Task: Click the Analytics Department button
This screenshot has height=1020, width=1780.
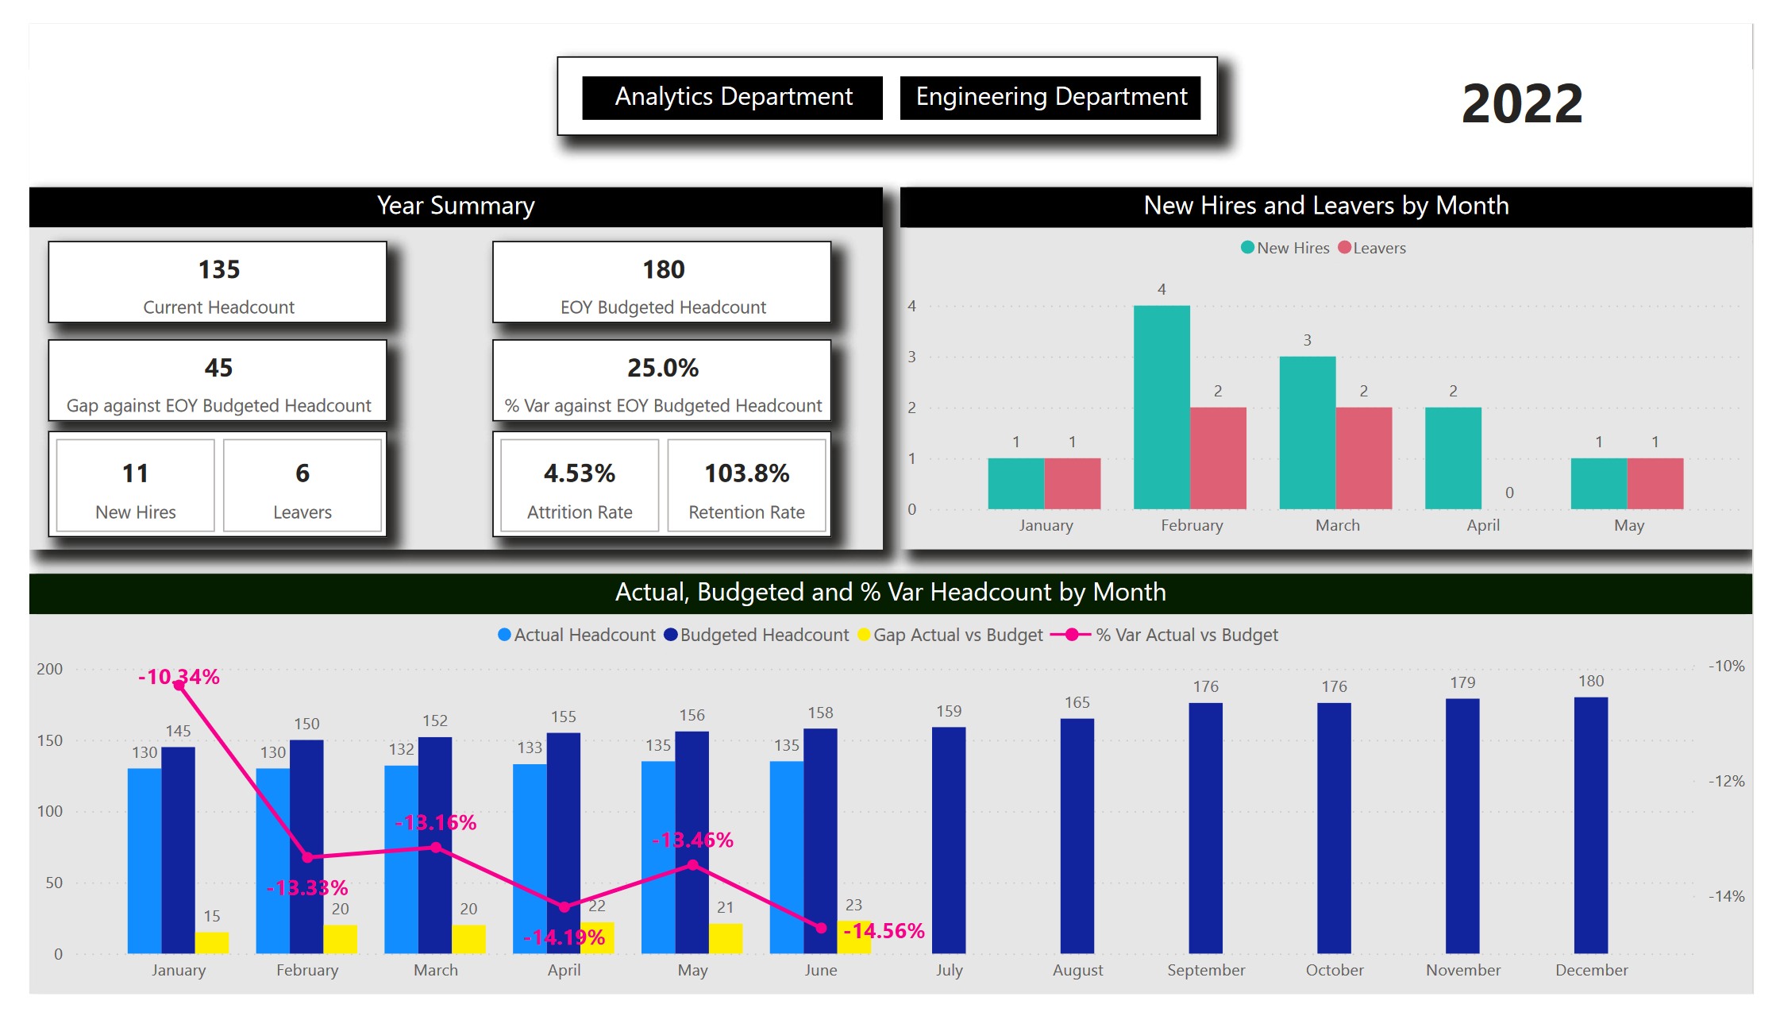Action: [x=732, y=98]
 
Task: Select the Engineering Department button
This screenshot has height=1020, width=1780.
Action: [x=1050, y=98]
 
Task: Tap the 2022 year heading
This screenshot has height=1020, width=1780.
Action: [x=1521, y=104]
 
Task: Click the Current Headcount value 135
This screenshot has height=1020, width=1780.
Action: [x=218, y=270]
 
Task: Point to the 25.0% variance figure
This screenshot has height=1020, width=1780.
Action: [x=662, y=368]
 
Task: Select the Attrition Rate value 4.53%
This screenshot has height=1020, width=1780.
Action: [x=579, y=473]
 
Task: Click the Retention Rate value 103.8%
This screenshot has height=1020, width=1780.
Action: [x=746, y=473]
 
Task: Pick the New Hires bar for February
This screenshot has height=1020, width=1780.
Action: [x=1161, y=407]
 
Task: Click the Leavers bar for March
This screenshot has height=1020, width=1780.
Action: [x=1363, y=458]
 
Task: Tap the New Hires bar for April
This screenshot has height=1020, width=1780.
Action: [x=1452, y=458]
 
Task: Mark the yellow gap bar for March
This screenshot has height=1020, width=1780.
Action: [x=468, y=939]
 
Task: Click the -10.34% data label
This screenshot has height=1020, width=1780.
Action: [x=179, y=676]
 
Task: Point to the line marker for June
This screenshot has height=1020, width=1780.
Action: [x=821, y=928]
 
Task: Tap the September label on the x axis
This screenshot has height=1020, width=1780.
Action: [x=1205, y=970]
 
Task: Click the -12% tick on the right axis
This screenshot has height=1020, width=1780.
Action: [x=1726, y=781]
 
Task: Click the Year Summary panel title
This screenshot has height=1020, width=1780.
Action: [x=456, y=206]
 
